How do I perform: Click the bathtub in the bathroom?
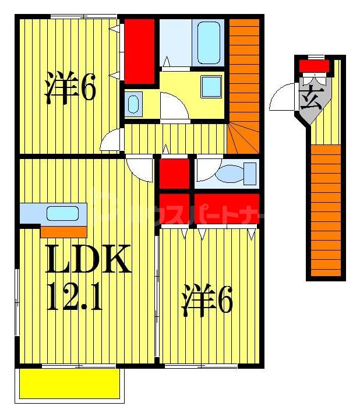[208, 43]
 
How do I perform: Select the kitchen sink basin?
[62, 214]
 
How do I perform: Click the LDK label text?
[87, 260]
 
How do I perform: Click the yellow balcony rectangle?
[70, 384]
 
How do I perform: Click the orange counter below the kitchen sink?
[63, 232]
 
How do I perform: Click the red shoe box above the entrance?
[314, 65]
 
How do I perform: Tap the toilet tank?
[250, 173]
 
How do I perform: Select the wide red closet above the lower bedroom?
[226, 208]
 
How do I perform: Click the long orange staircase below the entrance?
[325, 210]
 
